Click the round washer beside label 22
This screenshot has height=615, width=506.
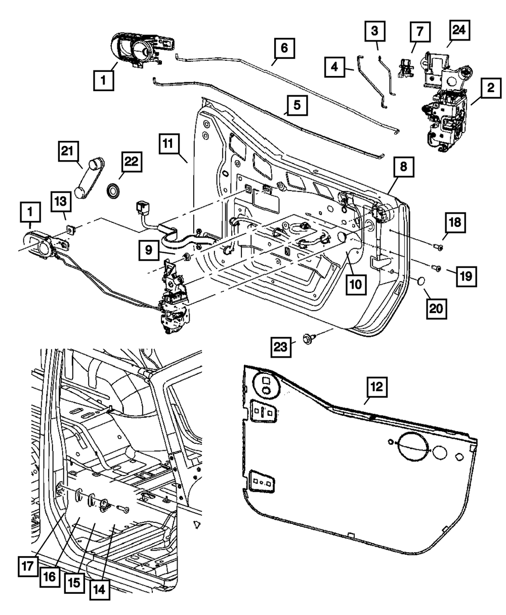[x=114, y=191]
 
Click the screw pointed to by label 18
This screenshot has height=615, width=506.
[x=438, y=247]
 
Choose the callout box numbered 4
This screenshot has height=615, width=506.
[x=335, y=67]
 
